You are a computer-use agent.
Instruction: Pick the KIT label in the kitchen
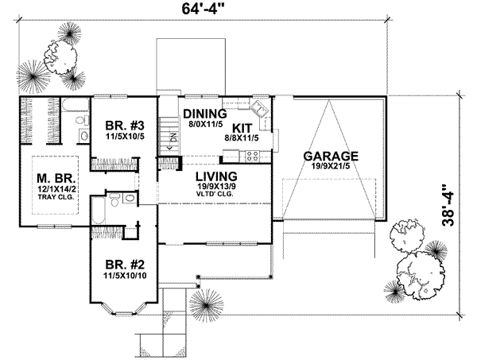[243, 126]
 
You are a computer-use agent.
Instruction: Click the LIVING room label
[212, 176]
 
